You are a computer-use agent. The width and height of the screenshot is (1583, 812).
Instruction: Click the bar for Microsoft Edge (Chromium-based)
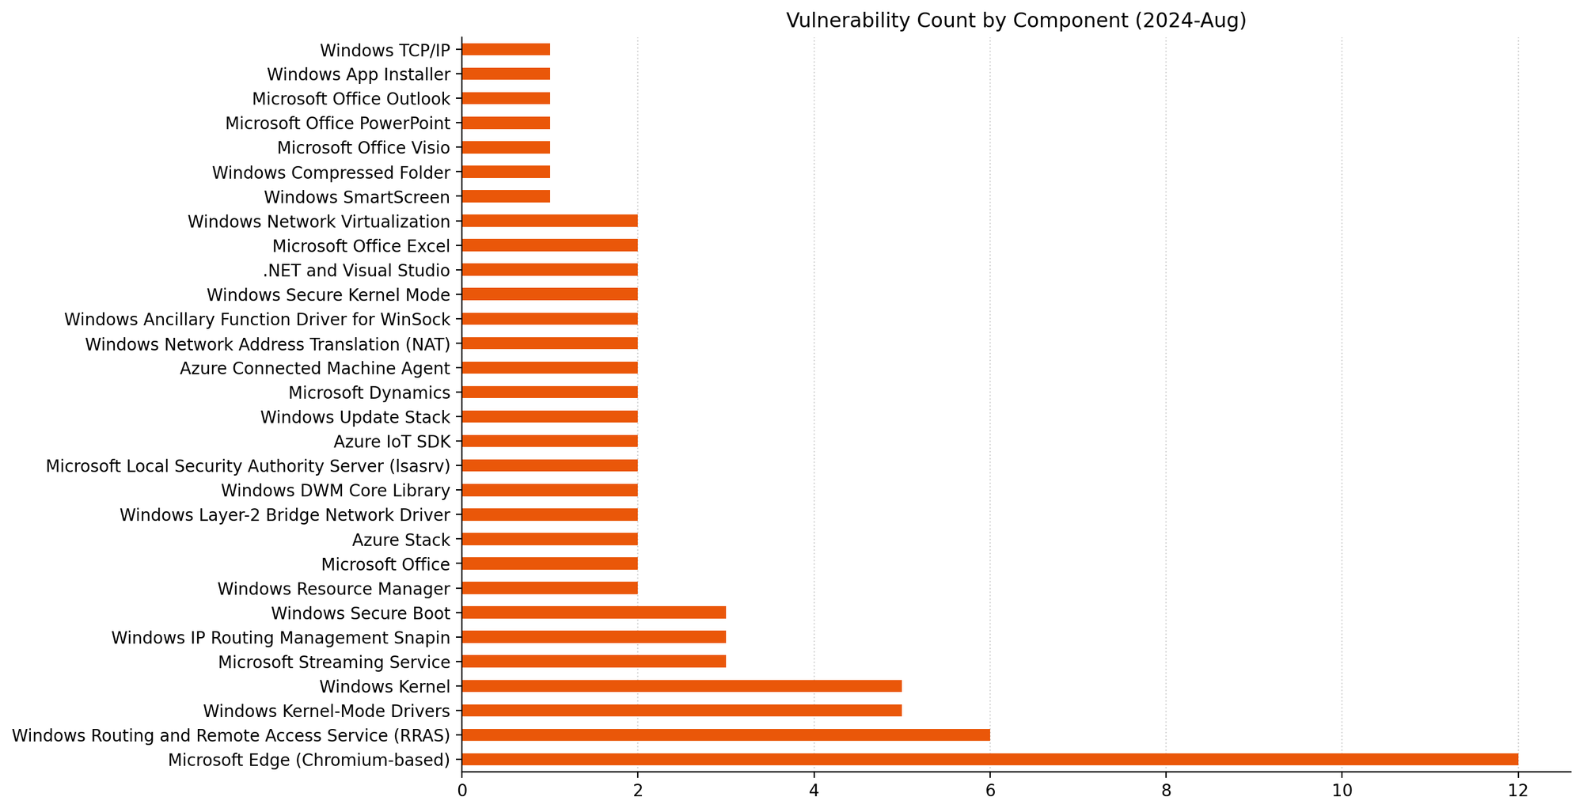click(989, 760)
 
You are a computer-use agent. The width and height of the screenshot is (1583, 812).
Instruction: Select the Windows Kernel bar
click(681, 686)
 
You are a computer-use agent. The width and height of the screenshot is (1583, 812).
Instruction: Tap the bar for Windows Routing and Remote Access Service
click(725, 735)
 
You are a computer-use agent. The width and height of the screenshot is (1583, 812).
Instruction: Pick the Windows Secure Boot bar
click(594, 613)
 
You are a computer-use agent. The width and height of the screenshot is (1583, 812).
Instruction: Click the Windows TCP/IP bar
click(506, 50)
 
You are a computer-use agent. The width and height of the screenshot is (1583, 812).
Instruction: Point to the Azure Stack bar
click(549, 540)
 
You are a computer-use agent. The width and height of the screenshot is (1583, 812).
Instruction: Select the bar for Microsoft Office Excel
click(549, 245)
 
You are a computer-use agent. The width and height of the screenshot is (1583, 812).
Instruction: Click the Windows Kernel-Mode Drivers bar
click(681, 711)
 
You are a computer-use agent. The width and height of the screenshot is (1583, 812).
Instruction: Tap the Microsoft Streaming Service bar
click(594, 662)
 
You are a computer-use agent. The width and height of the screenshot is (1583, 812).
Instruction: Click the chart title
click(1015, 21)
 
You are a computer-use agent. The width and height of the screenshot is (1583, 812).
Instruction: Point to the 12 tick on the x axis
click(1517, 789)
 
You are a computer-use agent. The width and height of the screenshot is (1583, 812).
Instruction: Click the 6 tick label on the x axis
click(989, 789)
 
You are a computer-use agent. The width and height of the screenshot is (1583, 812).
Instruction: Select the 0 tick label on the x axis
click(461, 789)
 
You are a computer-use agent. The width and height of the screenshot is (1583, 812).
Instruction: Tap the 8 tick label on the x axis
click(1165, 789)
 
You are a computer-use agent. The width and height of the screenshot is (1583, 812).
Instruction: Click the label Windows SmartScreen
click(357, 197)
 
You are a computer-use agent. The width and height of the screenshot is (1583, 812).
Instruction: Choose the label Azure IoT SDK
click(392, 442)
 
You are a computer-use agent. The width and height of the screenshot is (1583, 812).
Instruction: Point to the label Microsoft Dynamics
click(369, 393)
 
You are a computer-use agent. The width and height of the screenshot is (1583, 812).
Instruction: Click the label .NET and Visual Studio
click(356, 271)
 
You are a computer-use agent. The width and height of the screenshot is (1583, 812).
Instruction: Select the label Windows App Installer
click(359, 74)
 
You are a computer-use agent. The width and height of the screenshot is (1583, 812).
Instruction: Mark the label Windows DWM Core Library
click(336, 491)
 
